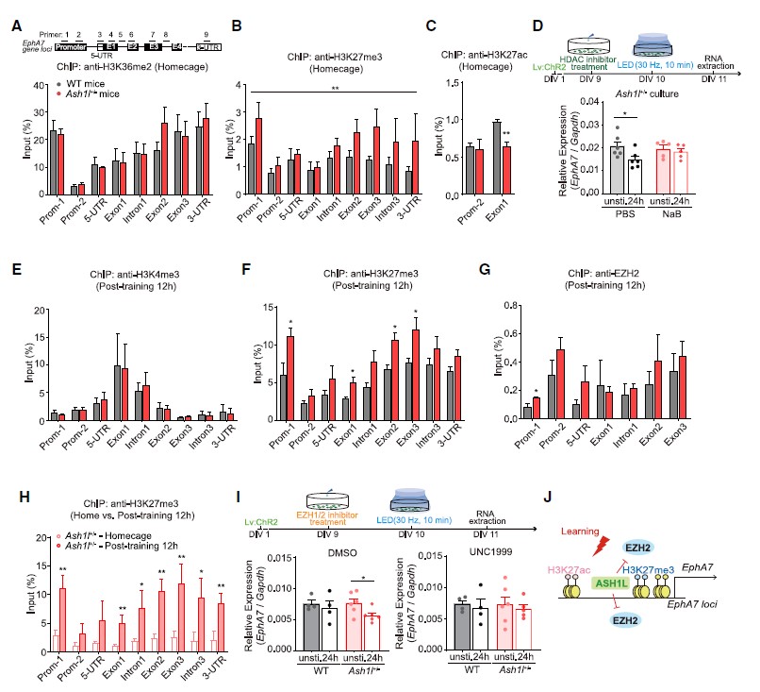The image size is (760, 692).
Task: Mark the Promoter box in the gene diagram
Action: (71, 18)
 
